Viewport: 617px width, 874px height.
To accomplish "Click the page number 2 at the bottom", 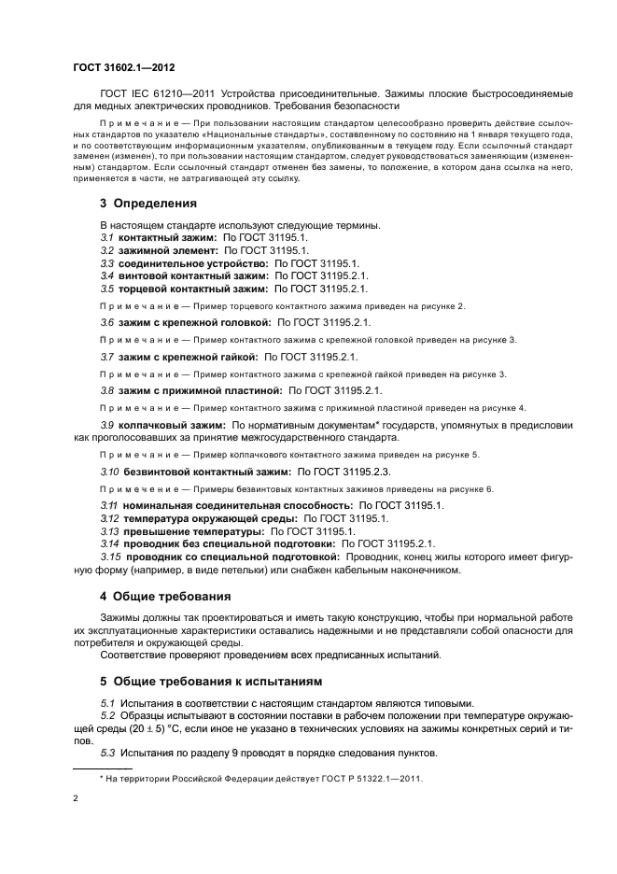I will point(76,799).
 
